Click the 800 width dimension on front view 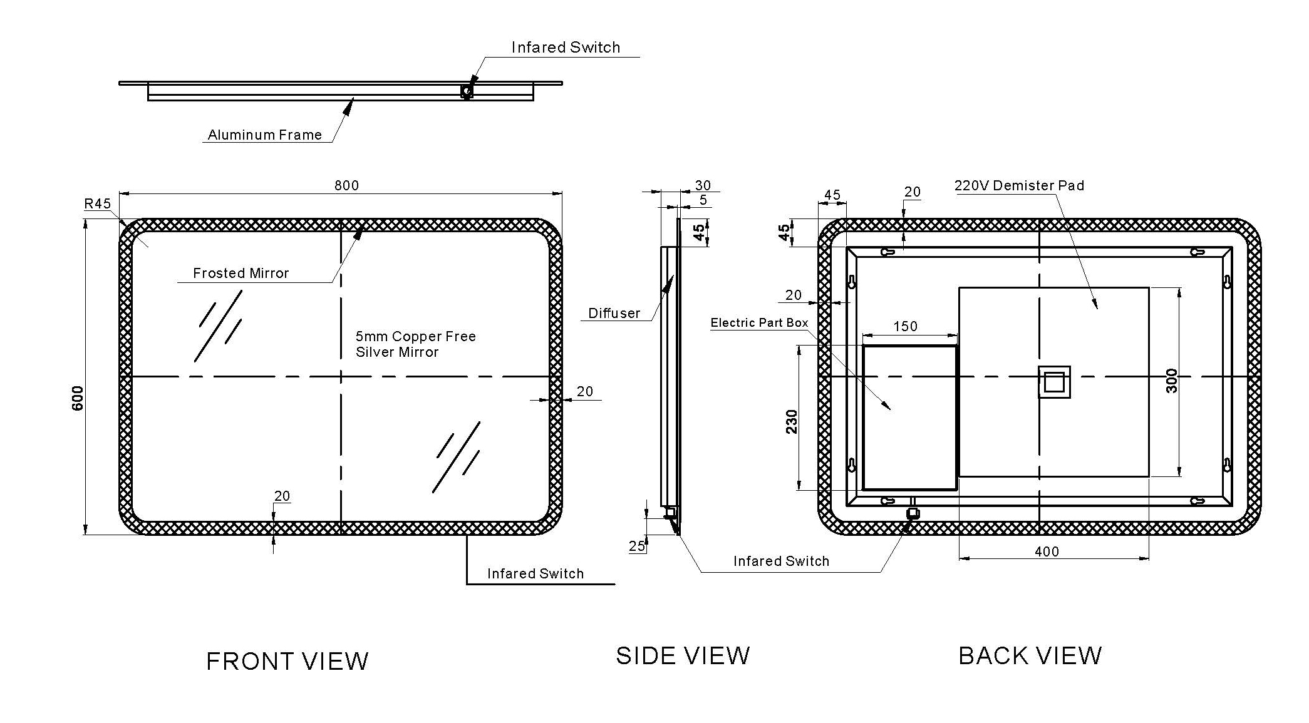pos(346,185)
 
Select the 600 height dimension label pos(78,398)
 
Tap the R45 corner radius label pos(98,203)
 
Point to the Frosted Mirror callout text pos(241,273)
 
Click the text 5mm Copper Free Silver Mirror pos(415,344)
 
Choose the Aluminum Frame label pos(264,135)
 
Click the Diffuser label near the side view pos(614,313)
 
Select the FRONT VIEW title pos(287,661)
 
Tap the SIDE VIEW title pos(683,655)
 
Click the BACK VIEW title pos(1030,655)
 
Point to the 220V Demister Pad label pos(1019,185)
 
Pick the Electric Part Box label pos(759,322)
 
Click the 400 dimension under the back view pos(1047,551)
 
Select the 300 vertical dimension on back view pos(1172,381)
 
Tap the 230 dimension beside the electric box pos(792,421)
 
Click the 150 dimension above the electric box pos(905,326)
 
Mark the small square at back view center pos(1053,382)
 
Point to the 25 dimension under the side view pos(636,546)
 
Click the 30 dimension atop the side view pos(703,185)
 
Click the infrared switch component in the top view pos(466,91)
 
